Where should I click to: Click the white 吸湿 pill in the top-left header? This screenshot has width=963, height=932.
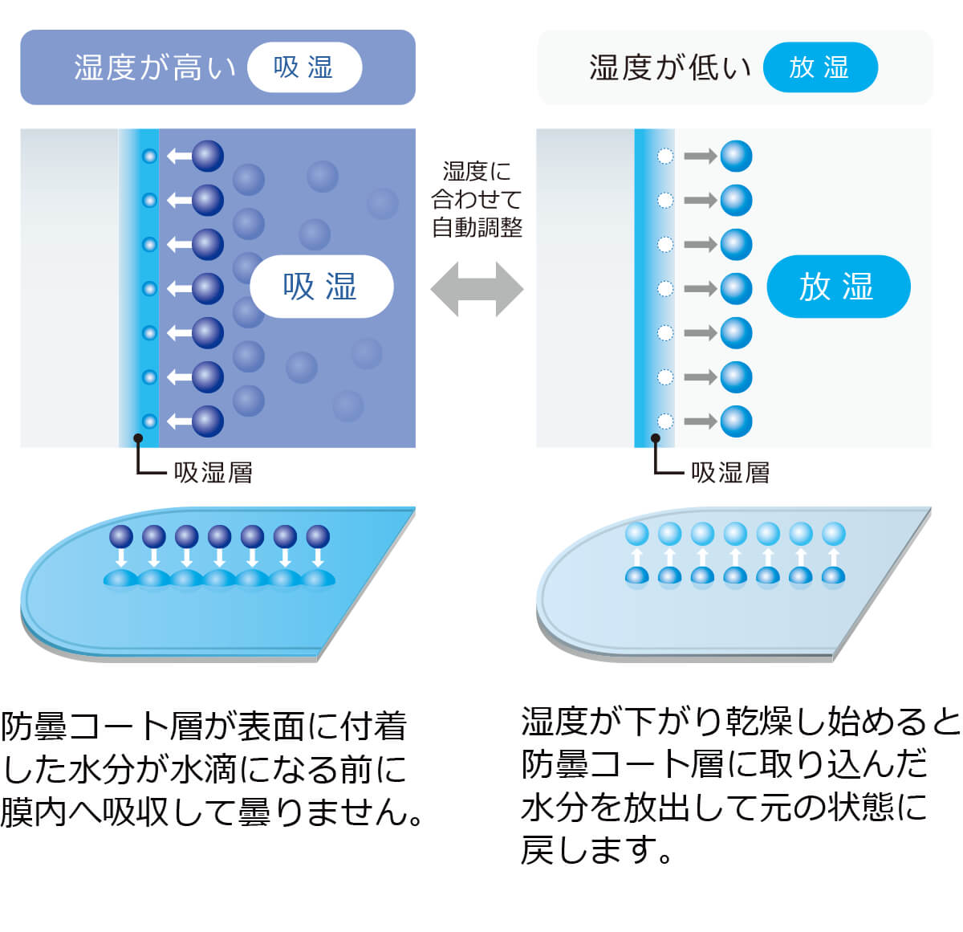click(304, 67)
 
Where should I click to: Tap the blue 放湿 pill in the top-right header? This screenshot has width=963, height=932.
click(819, 67)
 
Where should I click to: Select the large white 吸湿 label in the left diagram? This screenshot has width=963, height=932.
click(321, 287)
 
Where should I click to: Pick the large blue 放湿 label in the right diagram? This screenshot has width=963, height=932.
click(838, 287)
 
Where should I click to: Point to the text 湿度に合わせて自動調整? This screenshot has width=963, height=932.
click(477, 199)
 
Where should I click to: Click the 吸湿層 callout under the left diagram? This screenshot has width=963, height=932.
click(213, 472)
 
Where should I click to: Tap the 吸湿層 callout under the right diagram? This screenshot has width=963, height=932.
click(730, 472)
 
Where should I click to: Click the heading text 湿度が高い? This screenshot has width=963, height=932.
click(154, 67)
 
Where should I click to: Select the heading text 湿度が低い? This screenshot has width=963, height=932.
click(669, 67)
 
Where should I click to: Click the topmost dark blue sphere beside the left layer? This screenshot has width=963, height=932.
click(207, 156)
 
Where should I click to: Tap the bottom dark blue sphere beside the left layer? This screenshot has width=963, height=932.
click(207, 421)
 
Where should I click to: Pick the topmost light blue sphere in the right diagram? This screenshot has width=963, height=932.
click(736, 156)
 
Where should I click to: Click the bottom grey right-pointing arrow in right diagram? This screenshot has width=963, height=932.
click(700, 421)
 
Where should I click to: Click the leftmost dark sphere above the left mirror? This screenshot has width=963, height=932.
click(121, 536)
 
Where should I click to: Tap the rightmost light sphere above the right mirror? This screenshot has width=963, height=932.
click(834, 534)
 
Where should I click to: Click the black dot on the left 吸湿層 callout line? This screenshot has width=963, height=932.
click(138, 438)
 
